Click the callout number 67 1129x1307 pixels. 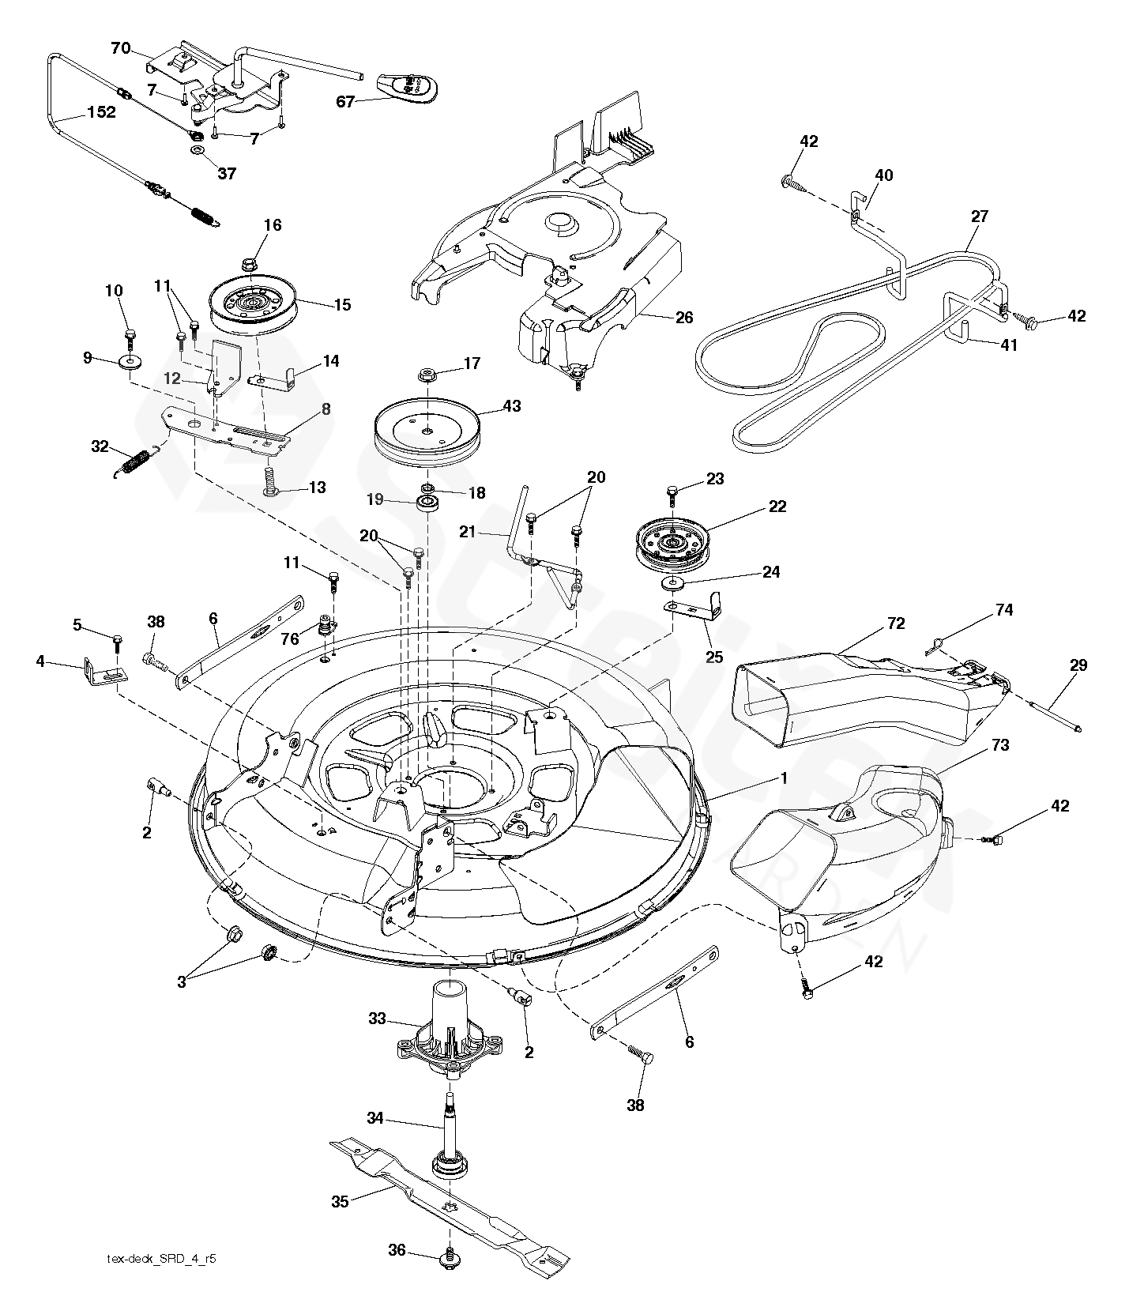tap(345, 101)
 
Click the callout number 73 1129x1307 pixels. tap(1000, 745)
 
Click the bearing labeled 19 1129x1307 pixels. tap(430, 504)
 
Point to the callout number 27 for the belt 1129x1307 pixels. tap(979, 216)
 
